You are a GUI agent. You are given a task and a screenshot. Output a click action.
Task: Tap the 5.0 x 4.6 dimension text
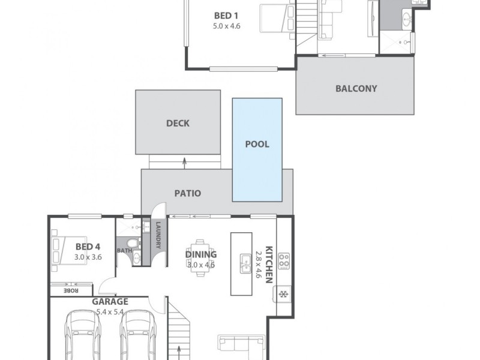coord(226,26)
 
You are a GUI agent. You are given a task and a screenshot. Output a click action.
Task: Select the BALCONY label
coord(356,88)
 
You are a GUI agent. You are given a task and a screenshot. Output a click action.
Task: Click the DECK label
coord(178,124)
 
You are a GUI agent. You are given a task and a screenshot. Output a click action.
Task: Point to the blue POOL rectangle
coord(257,150)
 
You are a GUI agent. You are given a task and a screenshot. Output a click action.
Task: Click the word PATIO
coord(187,194)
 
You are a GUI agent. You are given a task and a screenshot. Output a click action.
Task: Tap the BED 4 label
coord(89,246)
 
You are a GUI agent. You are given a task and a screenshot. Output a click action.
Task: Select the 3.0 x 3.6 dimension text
coord(89,256)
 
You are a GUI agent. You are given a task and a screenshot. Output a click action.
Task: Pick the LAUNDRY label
coord(158,235)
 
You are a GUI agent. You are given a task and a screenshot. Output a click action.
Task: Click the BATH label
coord(124,250)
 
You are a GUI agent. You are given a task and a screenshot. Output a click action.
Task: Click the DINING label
coord(201,254)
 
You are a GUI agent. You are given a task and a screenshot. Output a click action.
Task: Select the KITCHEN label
coord(269,264)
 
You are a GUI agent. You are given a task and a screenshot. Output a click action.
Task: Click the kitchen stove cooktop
coord(284,262)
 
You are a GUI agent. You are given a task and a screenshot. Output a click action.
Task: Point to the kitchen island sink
coord(245,263)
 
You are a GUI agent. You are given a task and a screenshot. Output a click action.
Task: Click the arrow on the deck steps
coord(185,160)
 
